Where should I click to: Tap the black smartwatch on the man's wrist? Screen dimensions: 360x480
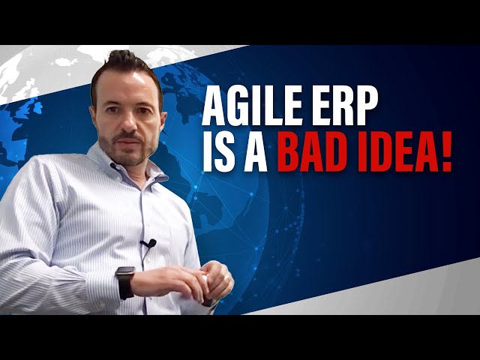click(124, 282)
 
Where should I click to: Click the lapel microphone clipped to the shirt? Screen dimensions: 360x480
click(148, 244)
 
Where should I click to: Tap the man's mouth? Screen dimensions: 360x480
click(130, 140)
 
